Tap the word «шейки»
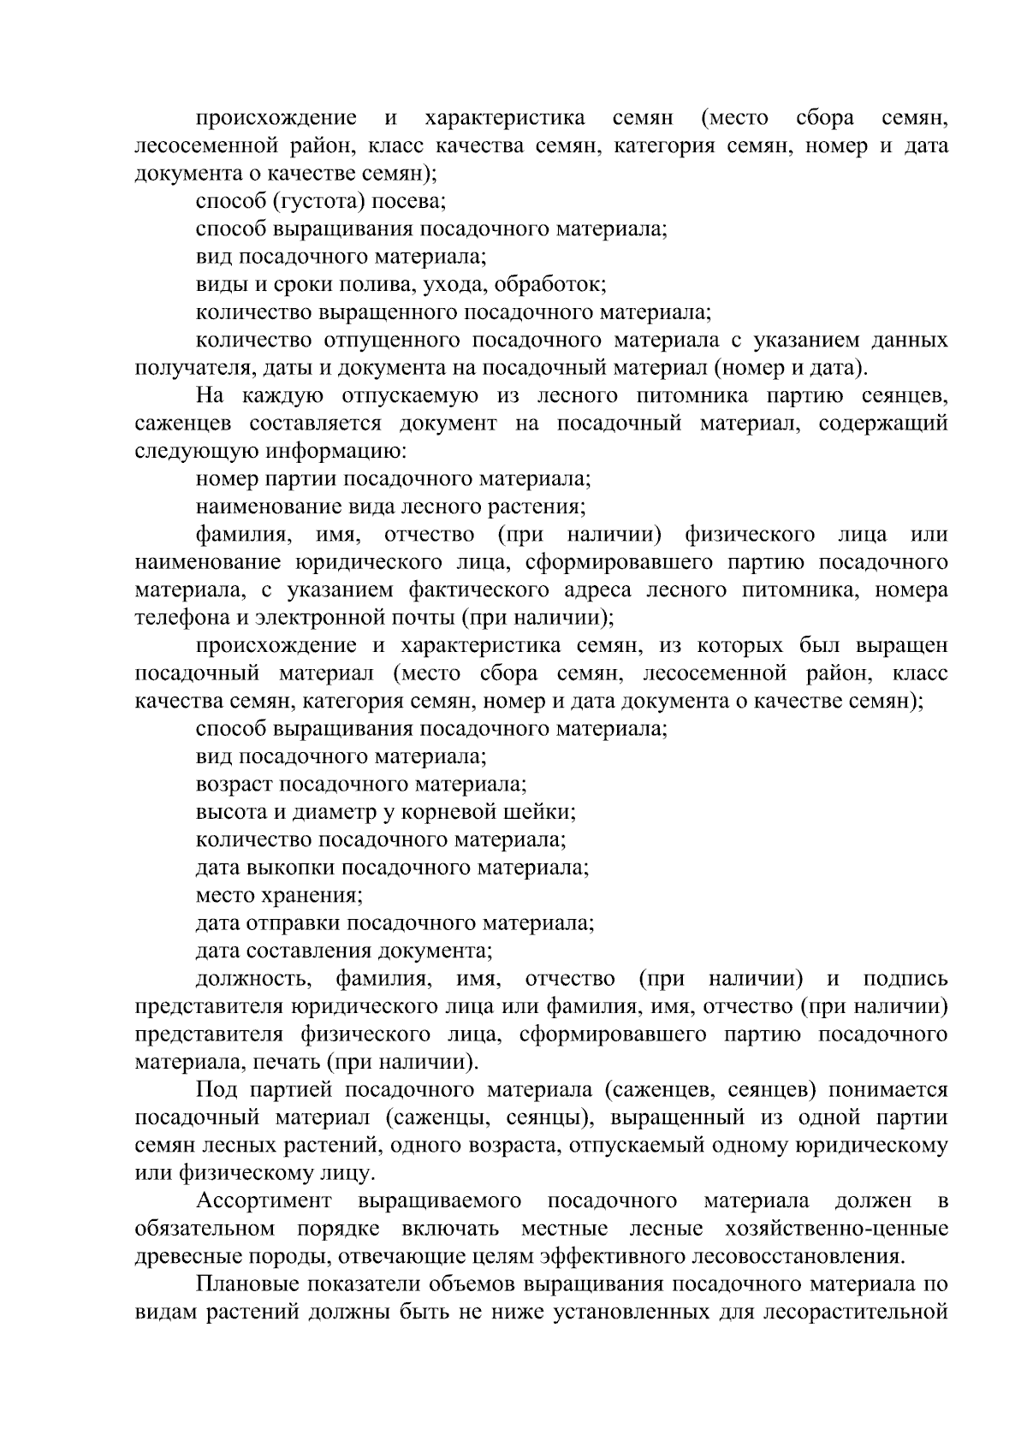click(543, 812)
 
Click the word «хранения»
click(308, 896)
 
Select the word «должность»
click(252, 979)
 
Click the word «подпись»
click(905, 979)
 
